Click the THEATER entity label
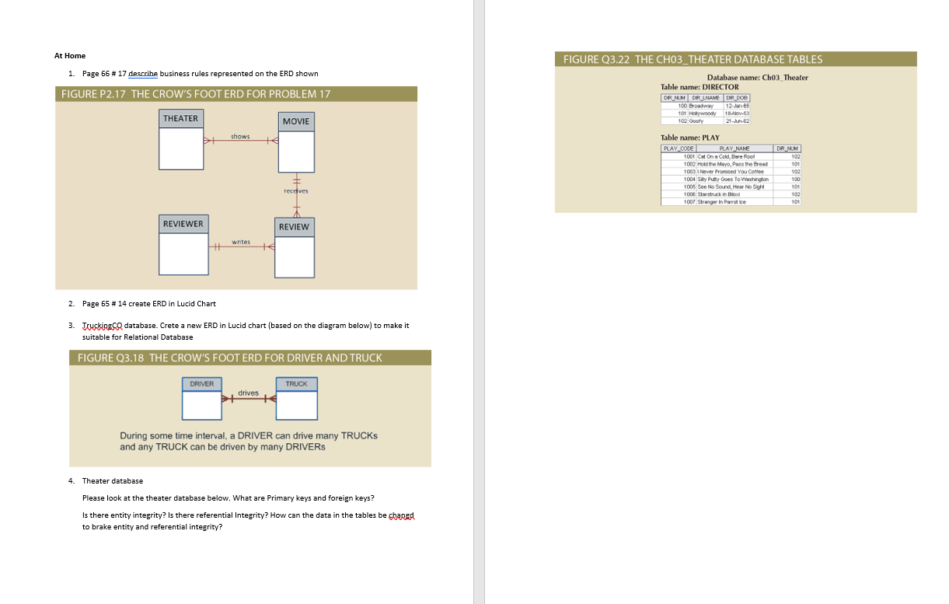180,118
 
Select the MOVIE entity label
295,121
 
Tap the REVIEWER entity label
183,224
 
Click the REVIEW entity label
294,227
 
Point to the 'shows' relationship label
239,137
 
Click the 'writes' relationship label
241,242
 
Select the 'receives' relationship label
295,190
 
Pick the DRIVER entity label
202,384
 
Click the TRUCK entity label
296,384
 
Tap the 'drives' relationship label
249,393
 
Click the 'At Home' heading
70,56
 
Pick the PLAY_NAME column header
734,148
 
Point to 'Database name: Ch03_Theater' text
757,78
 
